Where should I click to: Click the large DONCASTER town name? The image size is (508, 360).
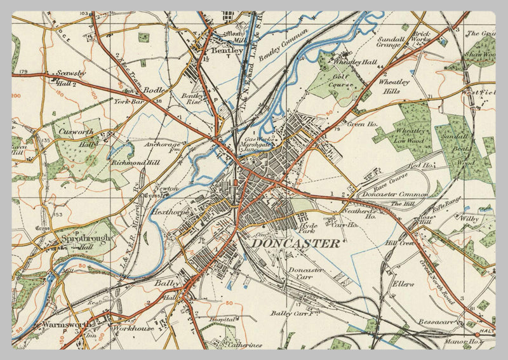click(295, 243)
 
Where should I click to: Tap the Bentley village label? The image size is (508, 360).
click(223, 49)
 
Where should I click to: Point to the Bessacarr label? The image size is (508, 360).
click(437, 323)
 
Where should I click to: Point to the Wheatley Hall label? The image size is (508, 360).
click(356, 63)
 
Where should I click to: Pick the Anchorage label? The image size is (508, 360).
click(163, 144)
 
